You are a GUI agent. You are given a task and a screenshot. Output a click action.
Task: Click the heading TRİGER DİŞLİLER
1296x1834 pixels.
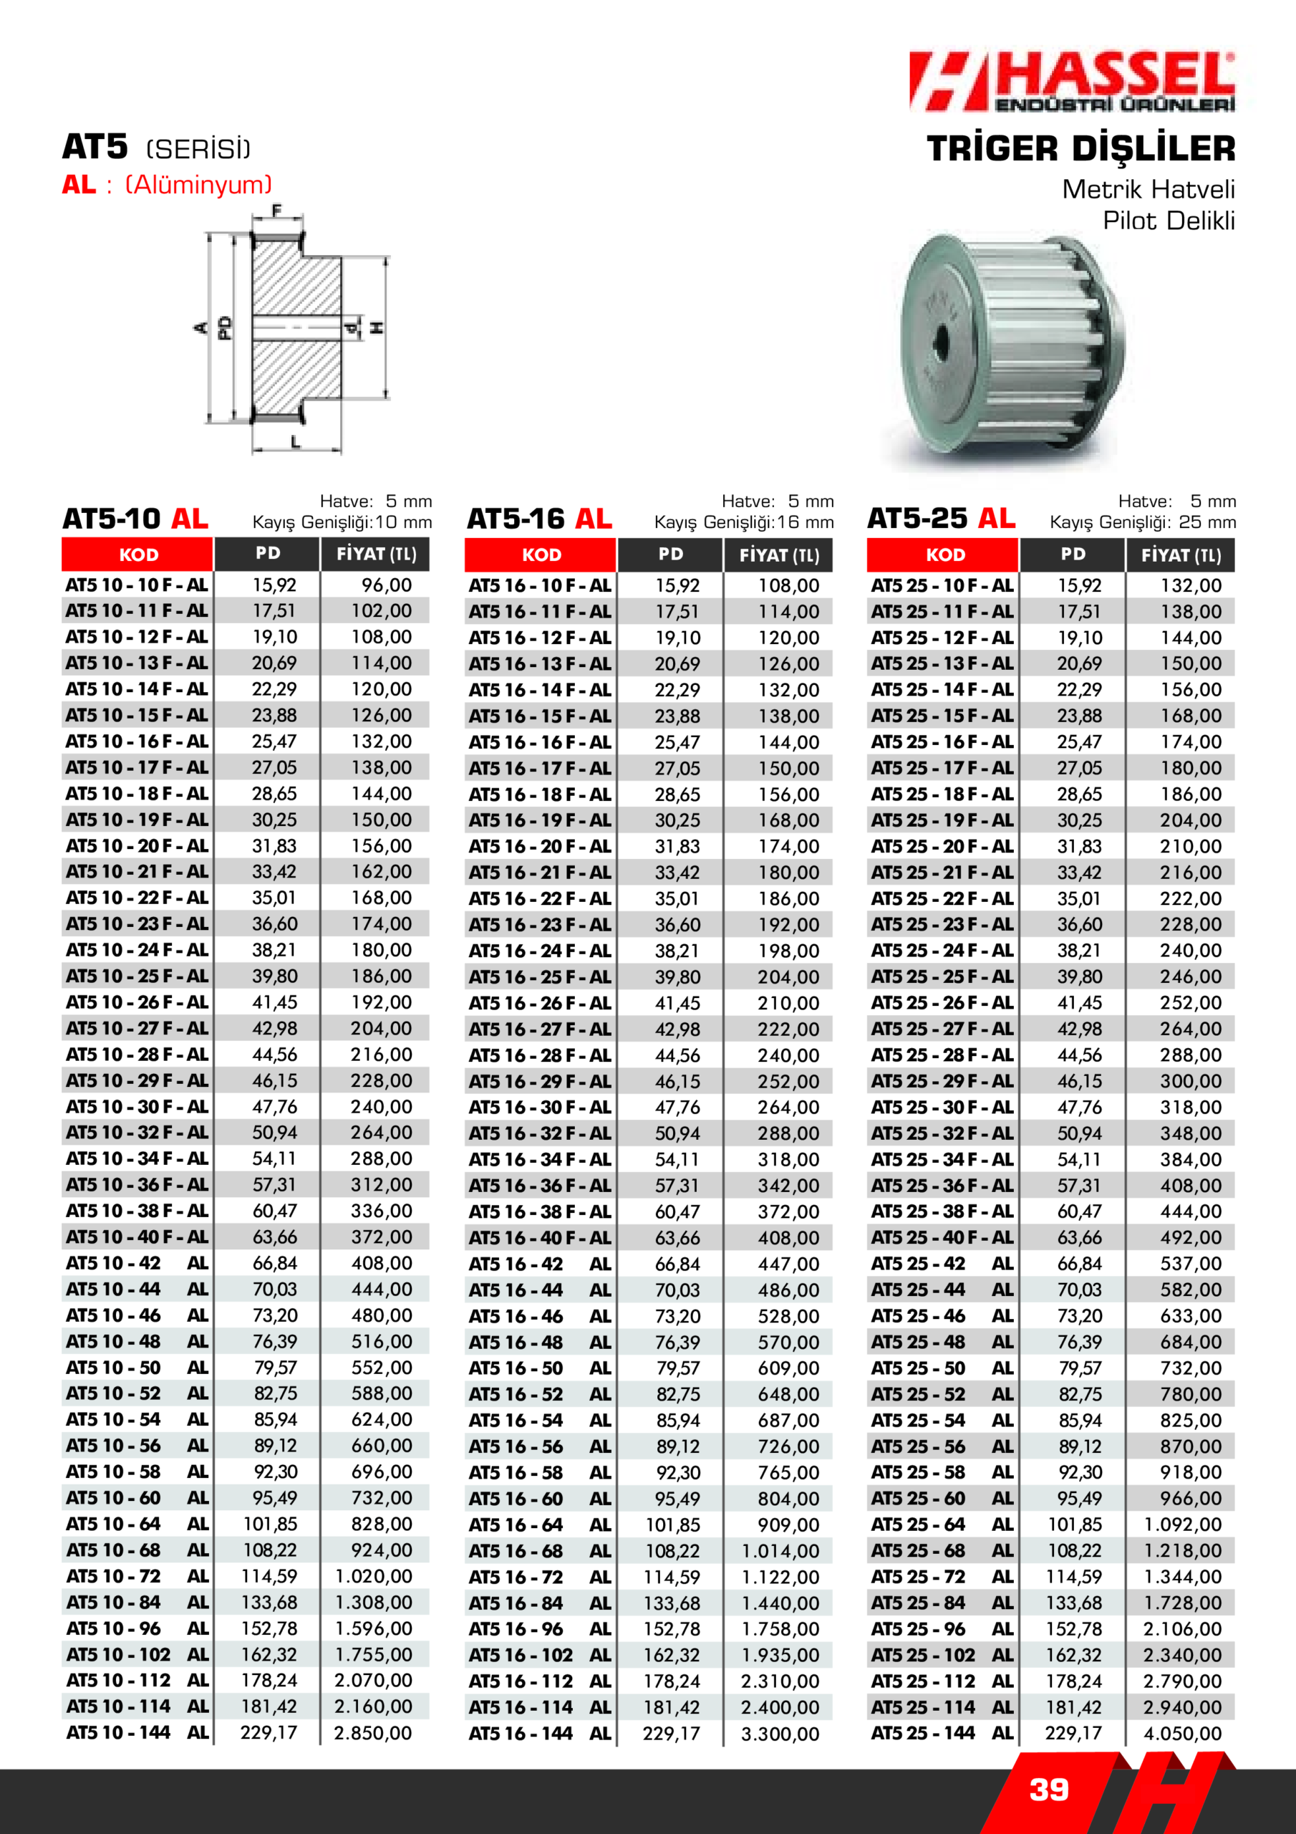tap(1080, 150)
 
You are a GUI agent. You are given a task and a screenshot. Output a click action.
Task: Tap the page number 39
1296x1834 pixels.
tap(1048, 1790)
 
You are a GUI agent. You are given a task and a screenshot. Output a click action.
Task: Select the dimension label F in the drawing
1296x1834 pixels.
tap(277, 211)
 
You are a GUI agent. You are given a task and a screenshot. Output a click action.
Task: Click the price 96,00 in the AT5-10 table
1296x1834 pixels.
tap(387, 585)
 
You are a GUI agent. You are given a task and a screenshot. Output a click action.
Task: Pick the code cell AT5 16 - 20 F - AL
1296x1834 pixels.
tap(540, 847)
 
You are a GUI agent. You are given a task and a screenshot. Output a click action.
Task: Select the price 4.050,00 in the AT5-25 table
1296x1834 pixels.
tap(1183, 1734)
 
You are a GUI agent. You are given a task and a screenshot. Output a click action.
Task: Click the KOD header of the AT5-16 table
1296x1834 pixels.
tap(541, 555)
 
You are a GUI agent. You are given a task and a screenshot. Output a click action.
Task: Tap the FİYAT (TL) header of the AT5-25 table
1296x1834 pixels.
tap(1181, 555)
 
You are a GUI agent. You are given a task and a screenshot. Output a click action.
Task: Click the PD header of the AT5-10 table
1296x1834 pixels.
tap(268, 554)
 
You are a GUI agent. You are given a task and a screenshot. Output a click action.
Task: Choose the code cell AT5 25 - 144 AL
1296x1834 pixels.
tap(942, 1734)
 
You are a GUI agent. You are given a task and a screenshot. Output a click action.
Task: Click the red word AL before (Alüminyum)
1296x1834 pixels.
tap(78, 186)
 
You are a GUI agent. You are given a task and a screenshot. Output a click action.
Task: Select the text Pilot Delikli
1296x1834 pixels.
tap(1169, 221)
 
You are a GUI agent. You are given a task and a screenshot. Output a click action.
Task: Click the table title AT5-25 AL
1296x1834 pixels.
tap(942, 519)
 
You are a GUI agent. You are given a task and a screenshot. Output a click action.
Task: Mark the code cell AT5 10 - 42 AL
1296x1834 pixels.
tap(137, 1263)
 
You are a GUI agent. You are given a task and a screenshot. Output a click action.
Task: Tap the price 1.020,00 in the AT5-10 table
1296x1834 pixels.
tap(374, 1576)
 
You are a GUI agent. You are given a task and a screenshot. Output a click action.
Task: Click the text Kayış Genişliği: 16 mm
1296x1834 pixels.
tap(743, 522)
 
